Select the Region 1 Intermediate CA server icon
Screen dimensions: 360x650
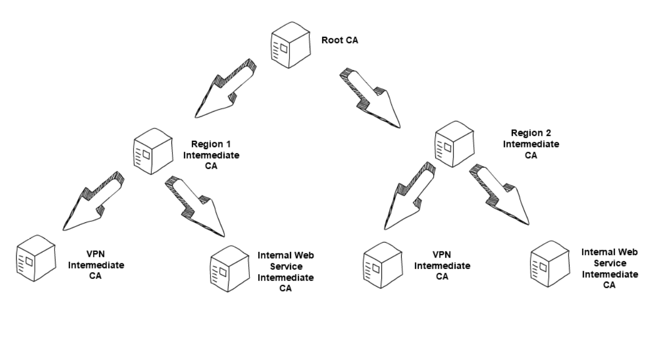152,152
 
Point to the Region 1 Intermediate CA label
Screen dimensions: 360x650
215,154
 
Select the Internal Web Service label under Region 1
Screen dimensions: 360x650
286,272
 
